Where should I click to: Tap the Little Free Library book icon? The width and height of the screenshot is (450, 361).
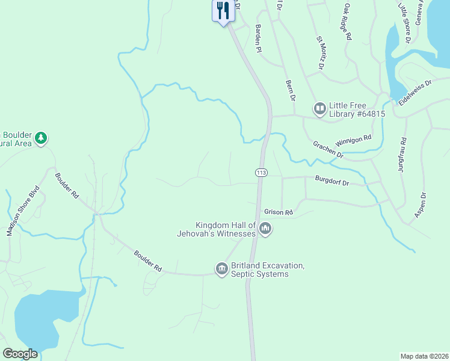[x=319, y=109]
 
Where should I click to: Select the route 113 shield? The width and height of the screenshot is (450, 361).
[x=260, y=173]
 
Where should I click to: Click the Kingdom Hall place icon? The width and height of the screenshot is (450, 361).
[x=265, y=229]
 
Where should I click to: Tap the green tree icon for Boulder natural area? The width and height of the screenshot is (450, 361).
[x=41, y=138]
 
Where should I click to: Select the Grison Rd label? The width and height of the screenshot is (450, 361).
[x=279, y=212]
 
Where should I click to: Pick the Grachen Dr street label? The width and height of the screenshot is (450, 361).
[x=328, y=150]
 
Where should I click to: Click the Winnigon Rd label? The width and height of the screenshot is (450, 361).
[x=354, y=140]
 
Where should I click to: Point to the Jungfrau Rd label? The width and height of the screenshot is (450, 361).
[x=402, y=156]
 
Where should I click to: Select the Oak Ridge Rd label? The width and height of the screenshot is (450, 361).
[x=347, y=22]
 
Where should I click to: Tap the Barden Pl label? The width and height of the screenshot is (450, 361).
[x=259, y=38]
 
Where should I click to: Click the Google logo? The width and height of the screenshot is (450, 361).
[x=20, y=354]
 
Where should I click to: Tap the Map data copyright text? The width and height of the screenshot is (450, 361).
[x=424, y=356]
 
